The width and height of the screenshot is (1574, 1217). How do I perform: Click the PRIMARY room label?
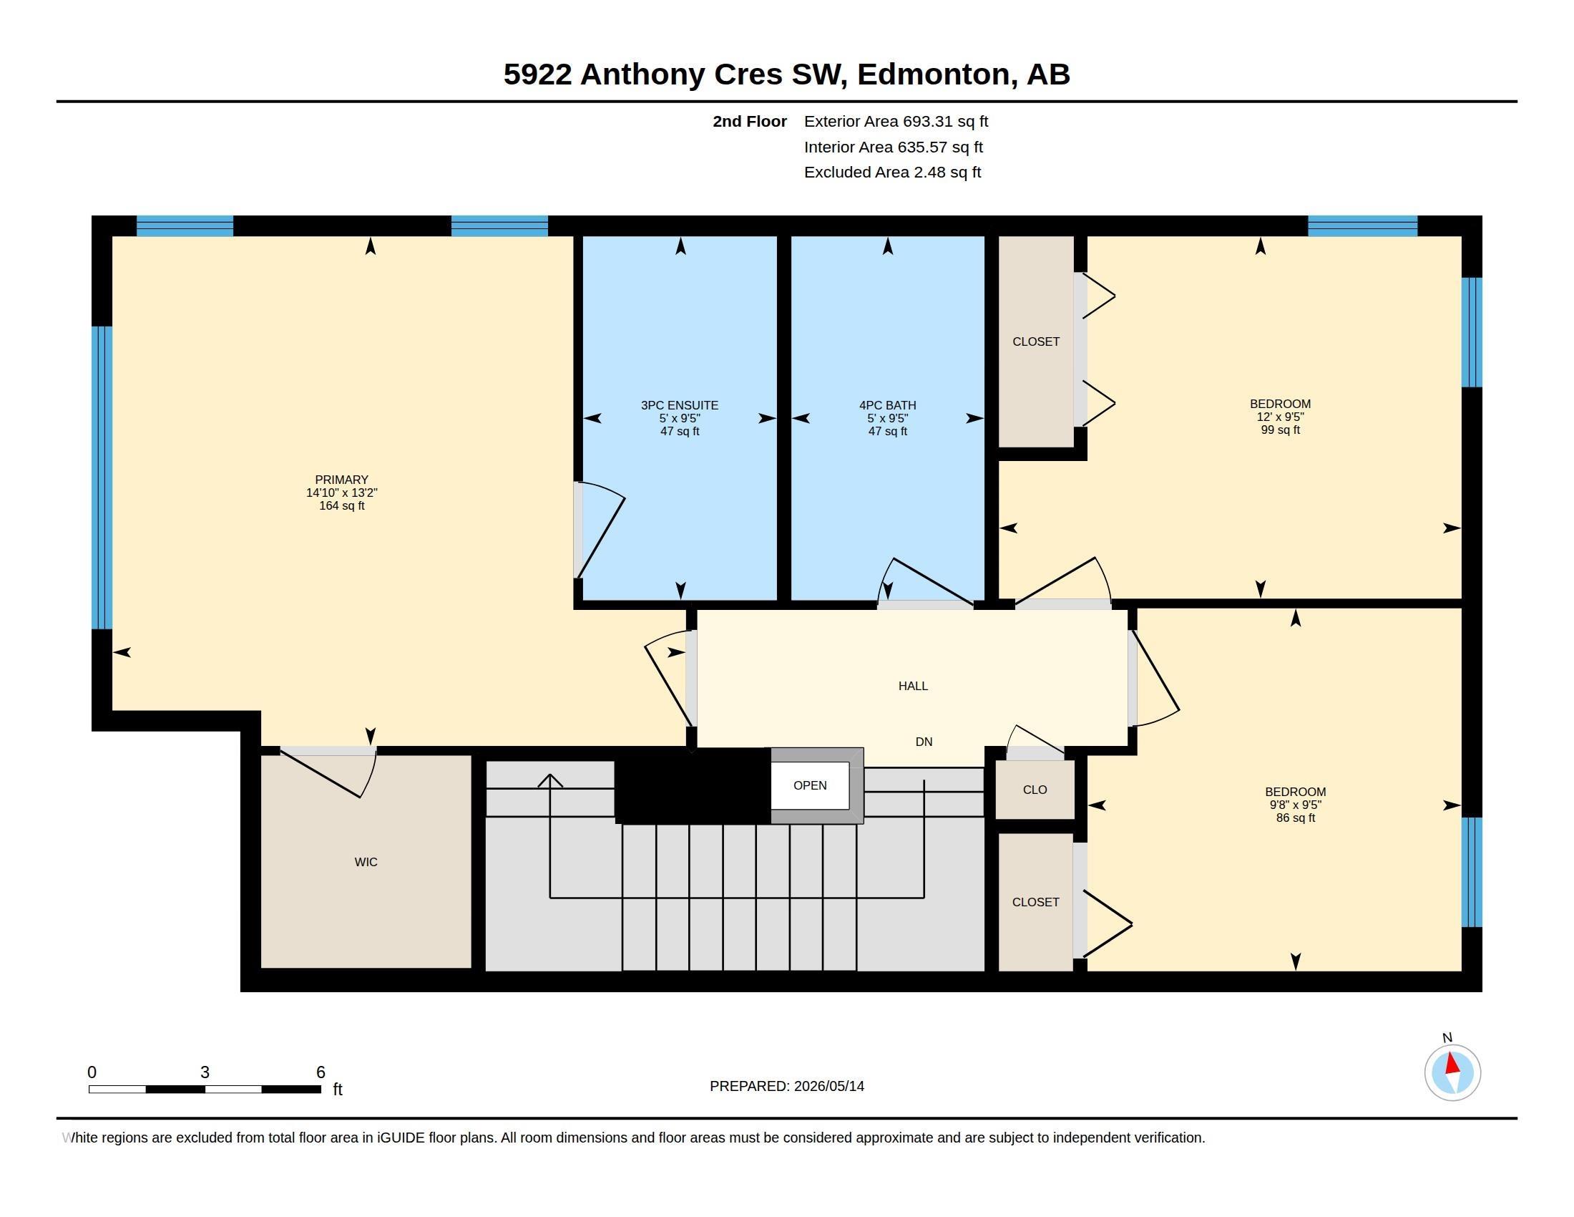pyautogui.click(x=341, y=480)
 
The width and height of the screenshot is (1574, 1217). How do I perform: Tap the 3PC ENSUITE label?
pyautogui.click(x=680, y=405)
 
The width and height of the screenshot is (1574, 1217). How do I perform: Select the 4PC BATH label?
pyautogui.click(x=887, y=405)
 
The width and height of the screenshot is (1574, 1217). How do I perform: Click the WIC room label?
pyautogui.click(x=366, y=861)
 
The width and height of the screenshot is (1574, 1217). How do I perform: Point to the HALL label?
pyautogui.click(x=913, y=686)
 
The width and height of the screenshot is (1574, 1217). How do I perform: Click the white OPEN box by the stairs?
pyautogui.click(x=810, y=785)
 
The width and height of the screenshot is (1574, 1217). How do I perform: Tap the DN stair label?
pyautogui.click(x=924, y=741)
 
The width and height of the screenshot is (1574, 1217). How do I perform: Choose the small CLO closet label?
pyautogui.click(x=1035, y=790)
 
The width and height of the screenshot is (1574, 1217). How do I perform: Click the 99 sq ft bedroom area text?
pyautogui.click(x=1281, y=430)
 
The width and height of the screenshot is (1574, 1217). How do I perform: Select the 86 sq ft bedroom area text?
pyautogui.click(x=1296, y=818)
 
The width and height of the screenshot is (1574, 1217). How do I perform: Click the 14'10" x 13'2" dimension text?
pyautogui.click(x=341, y=493)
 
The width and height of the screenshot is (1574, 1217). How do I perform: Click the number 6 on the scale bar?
pyautogui.click(x=321, y=1072)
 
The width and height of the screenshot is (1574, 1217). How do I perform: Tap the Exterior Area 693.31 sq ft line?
pyautogui.click(x=896, y=121)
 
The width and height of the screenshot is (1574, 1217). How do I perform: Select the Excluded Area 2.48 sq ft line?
pyautogui.click(x=892, y=172)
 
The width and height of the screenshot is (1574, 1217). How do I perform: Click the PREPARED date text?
pyautogui.click(x=787, y=1086)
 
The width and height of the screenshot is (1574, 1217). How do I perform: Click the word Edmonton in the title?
pyautogui.click(x=932, y=74)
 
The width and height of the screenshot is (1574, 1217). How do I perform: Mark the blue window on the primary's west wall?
pyautogui.click(x=102, y=478)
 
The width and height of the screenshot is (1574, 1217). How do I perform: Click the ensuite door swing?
pyautogui.click(x=600, y=530)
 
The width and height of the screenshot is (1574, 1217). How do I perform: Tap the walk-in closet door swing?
pyautogui.click(x=328, y=772)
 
